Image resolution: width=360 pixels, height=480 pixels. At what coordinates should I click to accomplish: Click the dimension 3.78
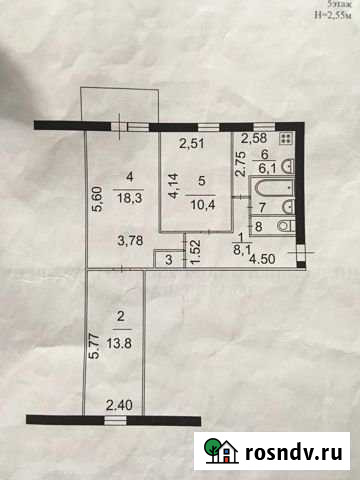[129, 239]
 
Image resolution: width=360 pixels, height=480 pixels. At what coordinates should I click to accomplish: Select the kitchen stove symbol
[287, 140]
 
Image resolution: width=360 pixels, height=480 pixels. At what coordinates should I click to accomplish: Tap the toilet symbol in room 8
[283, 227]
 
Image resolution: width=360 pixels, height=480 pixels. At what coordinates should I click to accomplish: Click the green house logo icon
[214, 452]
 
